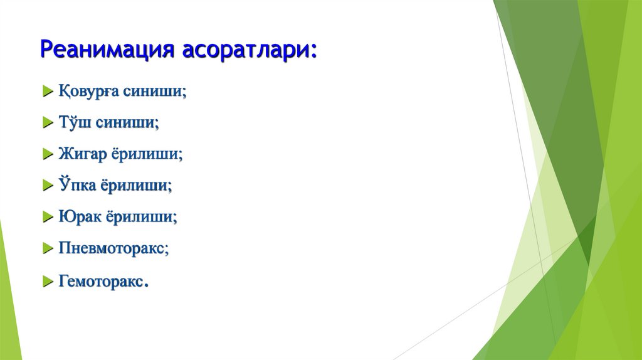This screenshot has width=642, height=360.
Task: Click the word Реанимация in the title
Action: [107, 50]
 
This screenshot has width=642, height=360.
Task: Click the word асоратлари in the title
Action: [250, 50]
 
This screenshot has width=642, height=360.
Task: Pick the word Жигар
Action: [82, 154]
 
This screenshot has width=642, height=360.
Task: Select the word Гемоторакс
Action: [102, 281]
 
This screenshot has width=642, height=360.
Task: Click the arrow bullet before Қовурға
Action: [47, 92]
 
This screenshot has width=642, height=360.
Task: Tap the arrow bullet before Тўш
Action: [47, 124]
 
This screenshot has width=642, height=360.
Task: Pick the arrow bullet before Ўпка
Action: [47, 186]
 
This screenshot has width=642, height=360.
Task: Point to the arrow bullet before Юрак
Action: [47, 218]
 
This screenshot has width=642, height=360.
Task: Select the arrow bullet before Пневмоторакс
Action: [47, 249]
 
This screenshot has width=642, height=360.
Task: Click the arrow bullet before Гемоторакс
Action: [47, 282]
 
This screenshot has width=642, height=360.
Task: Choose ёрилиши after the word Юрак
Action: [141, 217]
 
